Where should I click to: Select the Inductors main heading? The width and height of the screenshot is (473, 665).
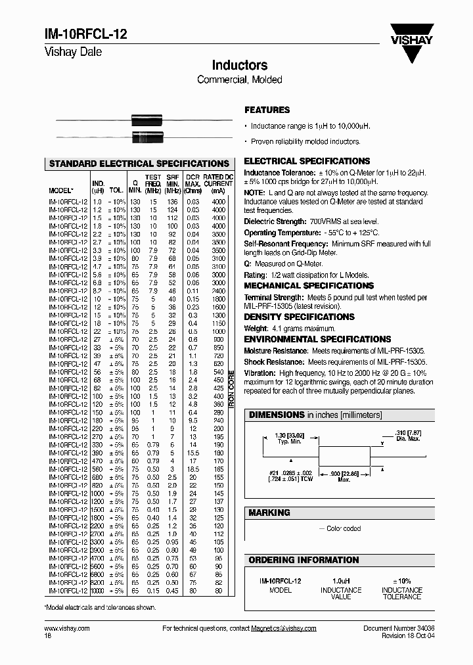point(239,66)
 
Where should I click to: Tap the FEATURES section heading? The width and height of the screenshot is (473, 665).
point(267,110)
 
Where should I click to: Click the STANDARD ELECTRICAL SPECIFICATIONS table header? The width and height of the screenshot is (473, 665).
point(139,164)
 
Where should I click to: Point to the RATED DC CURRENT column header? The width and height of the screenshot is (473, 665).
point(217,180)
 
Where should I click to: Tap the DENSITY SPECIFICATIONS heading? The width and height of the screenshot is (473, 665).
point(300,317)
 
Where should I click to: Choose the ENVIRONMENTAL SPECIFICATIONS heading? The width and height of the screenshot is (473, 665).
point(317,339)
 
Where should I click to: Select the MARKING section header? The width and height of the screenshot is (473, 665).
point(269,513)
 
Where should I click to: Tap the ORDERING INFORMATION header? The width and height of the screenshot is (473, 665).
point(303,560)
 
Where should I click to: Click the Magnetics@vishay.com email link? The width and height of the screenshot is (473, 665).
point(283,629)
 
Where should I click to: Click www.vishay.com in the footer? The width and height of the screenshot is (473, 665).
point(67,629)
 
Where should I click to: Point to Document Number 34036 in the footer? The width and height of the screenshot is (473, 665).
point(399,629)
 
